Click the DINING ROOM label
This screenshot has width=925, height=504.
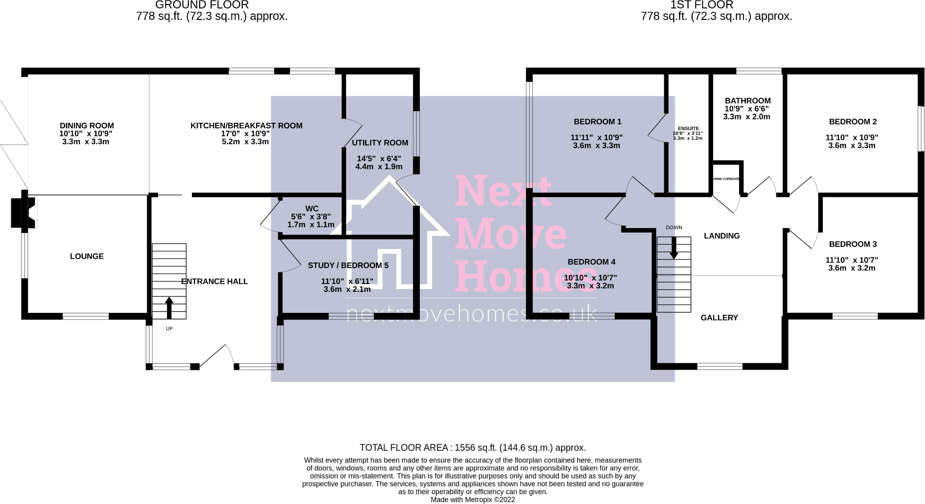[x=87, y=126]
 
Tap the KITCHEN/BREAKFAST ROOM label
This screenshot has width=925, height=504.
[x=246, y=126]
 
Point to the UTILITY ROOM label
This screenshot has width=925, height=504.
[x=380, y=143]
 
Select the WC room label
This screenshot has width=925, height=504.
[x=312, y=209]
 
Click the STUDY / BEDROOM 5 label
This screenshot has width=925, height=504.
[x=348, y=265]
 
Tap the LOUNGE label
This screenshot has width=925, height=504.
[x=87, y=256]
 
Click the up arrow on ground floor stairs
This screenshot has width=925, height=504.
[x=169, y=307]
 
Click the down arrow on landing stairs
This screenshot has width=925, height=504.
[x=674, y=248]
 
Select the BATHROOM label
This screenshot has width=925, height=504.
[x=747, y=101]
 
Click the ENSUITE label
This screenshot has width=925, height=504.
[x=688, y=129]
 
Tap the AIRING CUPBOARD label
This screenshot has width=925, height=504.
[x=726, y=179]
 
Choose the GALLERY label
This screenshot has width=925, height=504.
[x=719, y=318]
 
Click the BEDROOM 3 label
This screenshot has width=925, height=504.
[x=853, y=245]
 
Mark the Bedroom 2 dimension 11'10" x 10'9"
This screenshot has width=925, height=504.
[x=852, y=138]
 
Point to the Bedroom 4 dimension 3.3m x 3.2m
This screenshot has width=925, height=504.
[x=590, y=286]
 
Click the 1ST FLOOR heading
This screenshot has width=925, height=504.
[x=702, y=5]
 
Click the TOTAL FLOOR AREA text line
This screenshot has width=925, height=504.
[x=473, y=448]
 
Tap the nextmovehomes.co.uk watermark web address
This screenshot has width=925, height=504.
[x=471, y=314]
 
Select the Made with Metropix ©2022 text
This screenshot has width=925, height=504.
[x=473, y=500]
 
